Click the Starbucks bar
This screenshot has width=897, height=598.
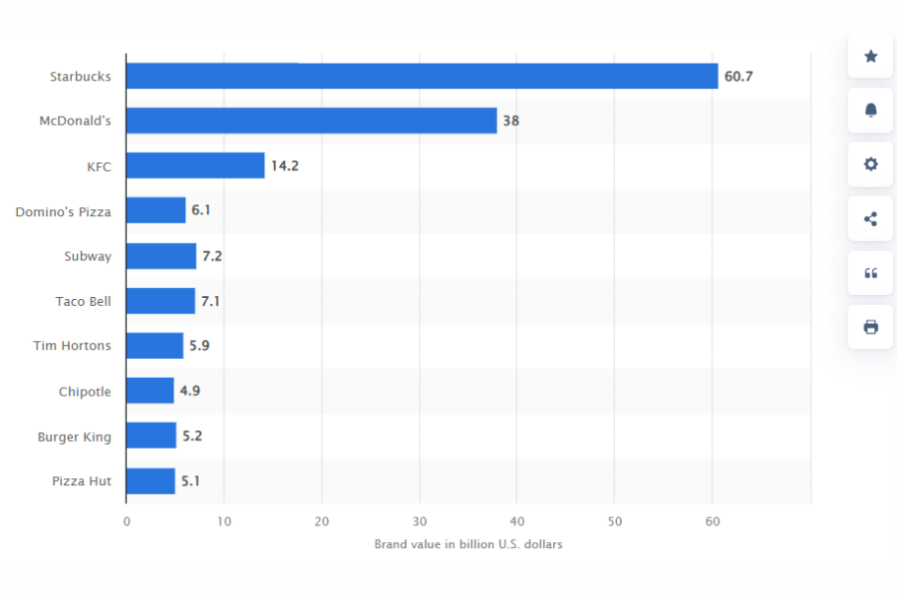[422, 76]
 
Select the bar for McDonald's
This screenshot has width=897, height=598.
[311, 121]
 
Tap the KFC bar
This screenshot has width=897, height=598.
[195, 165]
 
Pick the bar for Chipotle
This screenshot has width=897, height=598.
[149, 391]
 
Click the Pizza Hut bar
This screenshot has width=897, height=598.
[150, 481]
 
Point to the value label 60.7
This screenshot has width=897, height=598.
[739, 76]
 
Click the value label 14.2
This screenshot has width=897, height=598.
[285, 165]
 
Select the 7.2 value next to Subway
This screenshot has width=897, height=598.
[212, 256]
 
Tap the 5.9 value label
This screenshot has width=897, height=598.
[199, 346]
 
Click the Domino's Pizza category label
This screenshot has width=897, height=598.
[63, 211]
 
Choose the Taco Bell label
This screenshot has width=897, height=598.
[84, 301]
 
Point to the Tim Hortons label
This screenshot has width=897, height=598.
[72, 346]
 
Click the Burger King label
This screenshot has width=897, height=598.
[75, 437]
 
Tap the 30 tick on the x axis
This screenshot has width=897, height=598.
[420, 521]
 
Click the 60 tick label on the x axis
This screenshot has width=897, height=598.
[712, 521]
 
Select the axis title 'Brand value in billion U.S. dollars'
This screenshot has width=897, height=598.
[468, 544]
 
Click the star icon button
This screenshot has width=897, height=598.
[870, 57]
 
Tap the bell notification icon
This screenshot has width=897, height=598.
[870, 111]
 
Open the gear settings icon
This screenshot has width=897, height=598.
[870, 164]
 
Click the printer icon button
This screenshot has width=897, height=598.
[870, 327]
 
